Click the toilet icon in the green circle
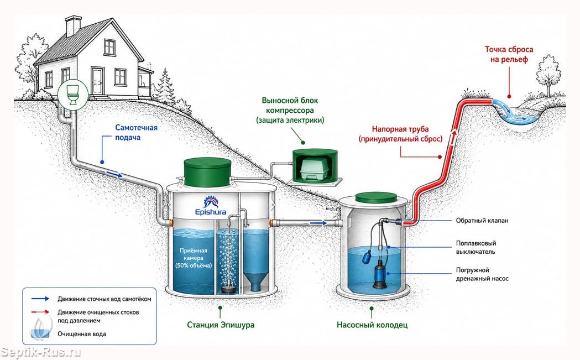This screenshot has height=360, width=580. tap(72, 94)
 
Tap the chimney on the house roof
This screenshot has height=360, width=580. tap(73, 25)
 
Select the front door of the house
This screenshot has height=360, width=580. tap(98, 81)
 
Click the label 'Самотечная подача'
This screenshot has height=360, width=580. tap(136, 133)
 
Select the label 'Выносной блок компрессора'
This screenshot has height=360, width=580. tap(290, 106)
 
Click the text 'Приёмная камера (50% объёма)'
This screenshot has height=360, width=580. tap(194, 258)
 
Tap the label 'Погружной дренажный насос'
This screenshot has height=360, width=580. tap(482, 274)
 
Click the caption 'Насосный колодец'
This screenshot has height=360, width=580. tap(372, 325)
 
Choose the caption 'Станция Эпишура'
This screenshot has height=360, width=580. tap(221, 325)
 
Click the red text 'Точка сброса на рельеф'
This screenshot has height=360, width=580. tap(509, 54)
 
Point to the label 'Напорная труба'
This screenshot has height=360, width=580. tap(400, 129)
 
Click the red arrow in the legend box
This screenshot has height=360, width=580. tap(40, 312)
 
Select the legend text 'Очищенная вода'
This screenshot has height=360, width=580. tap(82, 333)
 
